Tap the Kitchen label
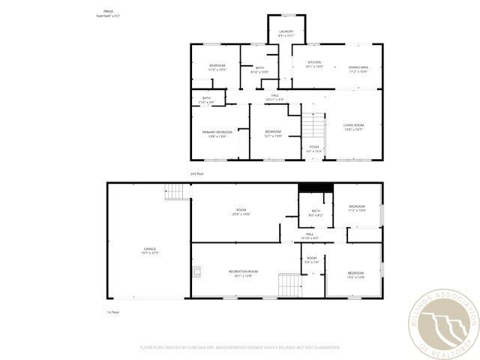click(x=314, y=65)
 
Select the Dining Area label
click(x=358, y=70)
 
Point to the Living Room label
click(x=353, y=127)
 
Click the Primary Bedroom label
click(x=217, y=133)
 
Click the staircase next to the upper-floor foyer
click(x=313, y=125)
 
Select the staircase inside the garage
click(x=175, y=193)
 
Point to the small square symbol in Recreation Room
click(x=196, y=270)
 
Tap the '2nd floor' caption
click(x=197, y=173)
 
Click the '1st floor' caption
click(x=114, y=310)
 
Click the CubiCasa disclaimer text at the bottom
click(x=239, y=347)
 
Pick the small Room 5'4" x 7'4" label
click(x=311, y=260)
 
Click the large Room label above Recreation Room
click(x=241, y=212)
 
